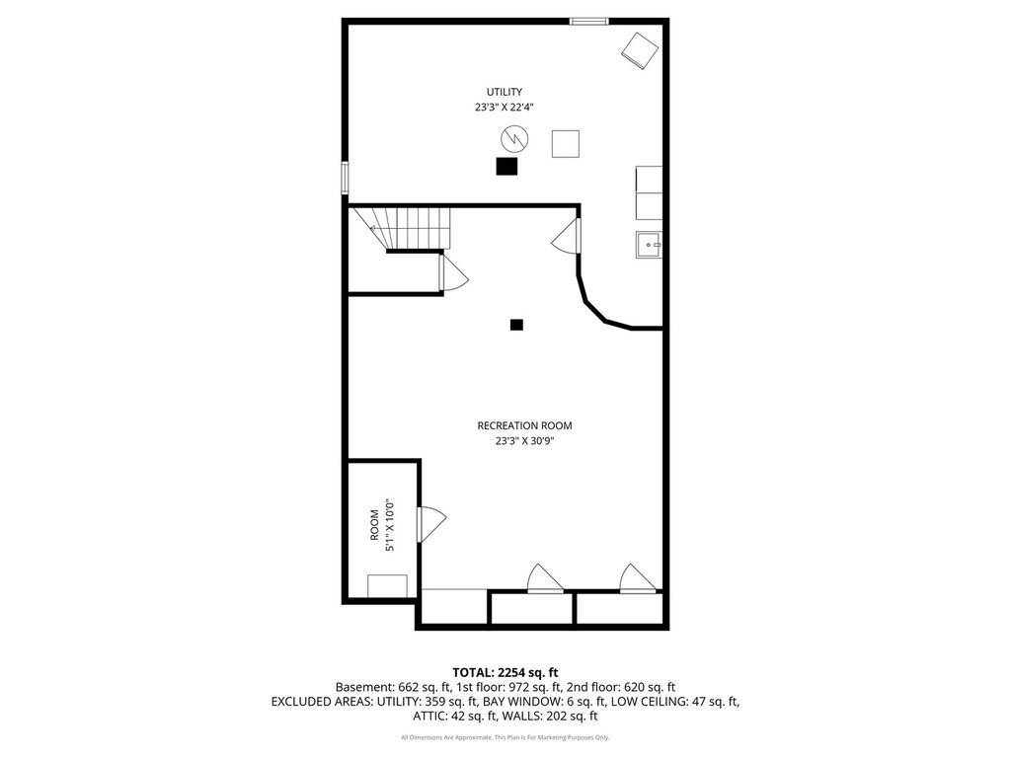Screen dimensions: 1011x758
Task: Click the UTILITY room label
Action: pos(505,92)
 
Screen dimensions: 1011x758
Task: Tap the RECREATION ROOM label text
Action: pos(524,425)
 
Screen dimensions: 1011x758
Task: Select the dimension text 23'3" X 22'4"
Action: pos(505,108)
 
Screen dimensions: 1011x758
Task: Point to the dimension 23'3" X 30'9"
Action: pos(524,441)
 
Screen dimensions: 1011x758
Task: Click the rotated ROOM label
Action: pos(374,525)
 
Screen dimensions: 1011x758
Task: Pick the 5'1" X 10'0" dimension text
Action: pos(389,525)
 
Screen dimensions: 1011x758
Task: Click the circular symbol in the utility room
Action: pos(514,138)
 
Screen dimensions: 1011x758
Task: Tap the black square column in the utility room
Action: pos(506,166)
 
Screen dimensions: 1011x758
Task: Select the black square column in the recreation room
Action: pos(516,325)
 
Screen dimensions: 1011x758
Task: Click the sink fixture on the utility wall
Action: pos(649,245)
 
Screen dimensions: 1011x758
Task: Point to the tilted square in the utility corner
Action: pos(640,51)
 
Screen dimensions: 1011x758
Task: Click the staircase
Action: pos(401,228)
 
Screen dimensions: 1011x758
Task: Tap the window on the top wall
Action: pos(588,22)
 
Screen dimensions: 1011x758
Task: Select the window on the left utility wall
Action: pos(345,178)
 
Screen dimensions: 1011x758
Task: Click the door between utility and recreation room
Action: pos(567,236)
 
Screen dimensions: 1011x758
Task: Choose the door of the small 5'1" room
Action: pos(431,524)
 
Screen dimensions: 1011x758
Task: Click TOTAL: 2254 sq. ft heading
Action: pos(505,673)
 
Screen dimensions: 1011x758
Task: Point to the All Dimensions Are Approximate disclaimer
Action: pos(505,737)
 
